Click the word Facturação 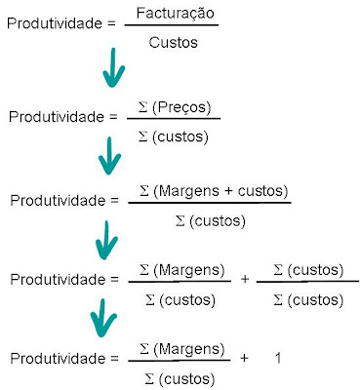point(176,14)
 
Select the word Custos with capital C point(174,43)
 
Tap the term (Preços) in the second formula point(181,107)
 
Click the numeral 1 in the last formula point(278,358)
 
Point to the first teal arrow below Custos point(113,67)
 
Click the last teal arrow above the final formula point(103,318)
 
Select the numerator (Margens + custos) point(220,191)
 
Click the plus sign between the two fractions point(245,279)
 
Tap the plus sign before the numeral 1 point(244,358)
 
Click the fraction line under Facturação point(172,25)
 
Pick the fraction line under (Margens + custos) point(210,203)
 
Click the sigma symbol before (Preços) point(143,107)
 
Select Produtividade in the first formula point(55,23)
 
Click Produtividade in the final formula point(58,358)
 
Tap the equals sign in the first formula point(111,23)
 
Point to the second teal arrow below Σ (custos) point(109,155)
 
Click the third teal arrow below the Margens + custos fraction point(106,240)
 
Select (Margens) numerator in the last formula point(189,349)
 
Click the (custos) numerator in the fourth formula point(315,270)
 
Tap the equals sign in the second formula point(113,117)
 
